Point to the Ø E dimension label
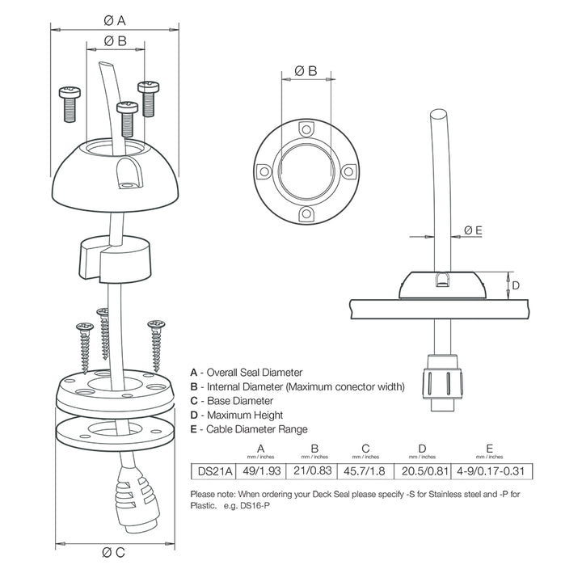click(x=473, y=230)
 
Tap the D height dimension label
click(x=515, y=285)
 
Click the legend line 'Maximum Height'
click(x=235, y=415)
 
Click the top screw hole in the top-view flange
click(x=306, y=129)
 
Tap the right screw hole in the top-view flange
click(x=348, y=171)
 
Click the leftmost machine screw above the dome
click(x=70, y=103)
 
